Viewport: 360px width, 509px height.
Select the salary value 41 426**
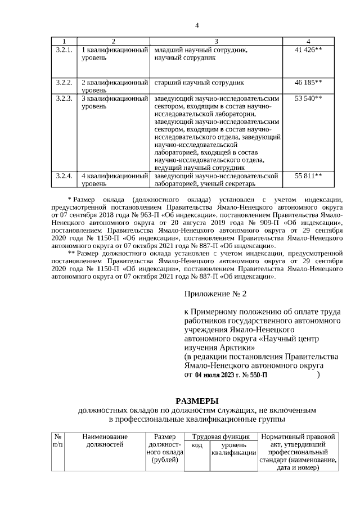click(x=308, y=51)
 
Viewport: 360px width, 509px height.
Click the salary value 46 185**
click(x=308, y=82)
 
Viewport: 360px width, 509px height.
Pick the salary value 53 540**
click(x=308, y=98)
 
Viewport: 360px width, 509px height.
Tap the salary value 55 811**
click(x=308, y=175)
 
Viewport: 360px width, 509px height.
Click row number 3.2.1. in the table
click(x=64, y=51)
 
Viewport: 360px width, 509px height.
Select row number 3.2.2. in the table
click(x=64, y=82)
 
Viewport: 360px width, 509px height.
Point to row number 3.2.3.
click(x=64, y=98)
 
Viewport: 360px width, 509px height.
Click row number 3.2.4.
click(x=64, y=175)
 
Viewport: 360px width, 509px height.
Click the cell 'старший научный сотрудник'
click(x=195, y=82)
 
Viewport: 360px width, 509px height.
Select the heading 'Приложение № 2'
click(x=215, y=294)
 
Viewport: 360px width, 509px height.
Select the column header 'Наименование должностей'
click(x=105, y=440)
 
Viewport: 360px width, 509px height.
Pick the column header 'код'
click(x=197, y=445)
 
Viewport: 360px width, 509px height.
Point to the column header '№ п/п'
click(x=58, y=440)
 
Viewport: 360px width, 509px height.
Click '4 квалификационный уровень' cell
click(x=114, y=179)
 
